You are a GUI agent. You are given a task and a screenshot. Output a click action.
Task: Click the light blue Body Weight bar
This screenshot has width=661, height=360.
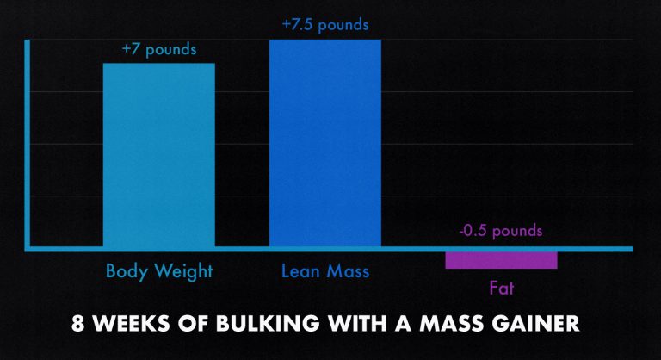[158, 155]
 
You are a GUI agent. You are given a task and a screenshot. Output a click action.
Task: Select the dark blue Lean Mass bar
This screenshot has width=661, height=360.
[324, 143]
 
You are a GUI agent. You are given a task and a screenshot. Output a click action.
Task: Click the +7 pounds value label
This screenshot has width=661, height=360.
[158, 50]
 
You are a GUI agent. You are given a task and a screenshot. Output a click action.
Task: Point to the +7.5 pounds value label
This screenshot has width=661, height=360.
[324, 25]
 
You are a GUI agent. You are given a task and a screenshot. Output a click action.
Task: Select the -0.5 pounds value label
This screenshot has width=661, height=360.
[501, 231]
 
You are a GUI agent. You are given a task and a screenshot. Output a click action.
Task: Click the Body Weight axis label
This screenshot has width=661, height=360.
[158, 271]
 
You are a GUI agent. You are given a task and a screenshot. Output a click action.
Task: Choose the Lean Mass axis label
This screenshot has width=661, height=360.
[324, 271]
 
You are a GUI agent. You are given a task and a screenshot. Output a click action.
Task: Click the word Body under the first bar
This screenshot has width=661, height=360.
[123, 272]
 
